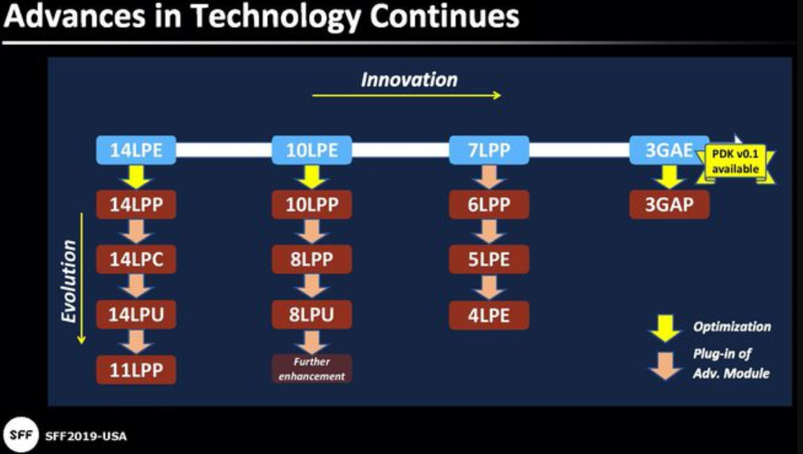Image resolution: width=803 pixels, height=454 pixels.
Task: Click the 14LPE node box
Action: pos(136,150)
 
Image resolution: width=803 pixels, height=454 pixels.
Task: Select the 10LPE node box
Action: pos(312,150)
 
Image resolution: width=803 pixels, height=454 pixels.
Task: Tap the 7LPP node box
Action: pos(489,150)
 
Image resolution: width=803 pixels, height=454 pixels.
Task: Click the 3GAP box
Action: pos(669,204)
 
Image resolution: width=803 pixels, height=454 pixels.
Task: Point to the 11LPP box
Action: pos(136,370)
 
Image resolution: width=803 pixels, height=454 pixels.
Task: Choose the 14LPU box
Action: pos(136,314)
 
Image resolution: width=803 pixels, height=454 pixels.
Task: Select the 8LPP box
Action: pos(312,259)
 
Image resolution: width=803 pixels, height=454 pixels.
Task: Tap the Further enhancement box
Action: pos(312,369)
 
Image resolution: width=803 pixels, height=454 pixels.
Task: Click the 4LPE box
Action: pos(489,316)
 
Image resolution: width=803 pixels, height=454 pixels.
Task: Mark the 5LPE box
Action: pos(489,259)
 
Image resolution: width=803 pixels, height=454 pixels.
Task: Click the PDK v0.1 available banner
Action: pos(736,161)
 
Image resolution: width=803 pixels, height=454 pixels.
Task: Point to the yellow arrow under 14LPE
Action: pos(136,177)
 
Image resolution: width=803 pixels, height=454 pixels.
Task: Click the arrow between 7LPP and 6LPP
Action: pos(489,177)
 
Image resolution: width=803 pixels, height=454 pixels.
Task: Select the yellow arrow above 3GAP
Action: pos(669,177)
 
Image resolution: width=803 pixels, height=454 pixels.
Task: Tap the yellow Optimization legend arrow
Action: pos(665,329)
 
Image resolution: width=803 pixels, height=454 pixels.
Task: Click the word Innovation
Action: pos(409,80)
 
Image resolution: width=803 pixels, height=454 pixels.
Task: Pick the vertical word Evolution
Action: pos(69,281)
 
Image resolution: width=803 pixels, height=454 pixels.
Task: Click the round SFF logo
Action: pos(21,435)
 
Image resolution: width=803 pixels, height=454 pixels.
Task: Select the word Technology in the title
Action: pos(275,16)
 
